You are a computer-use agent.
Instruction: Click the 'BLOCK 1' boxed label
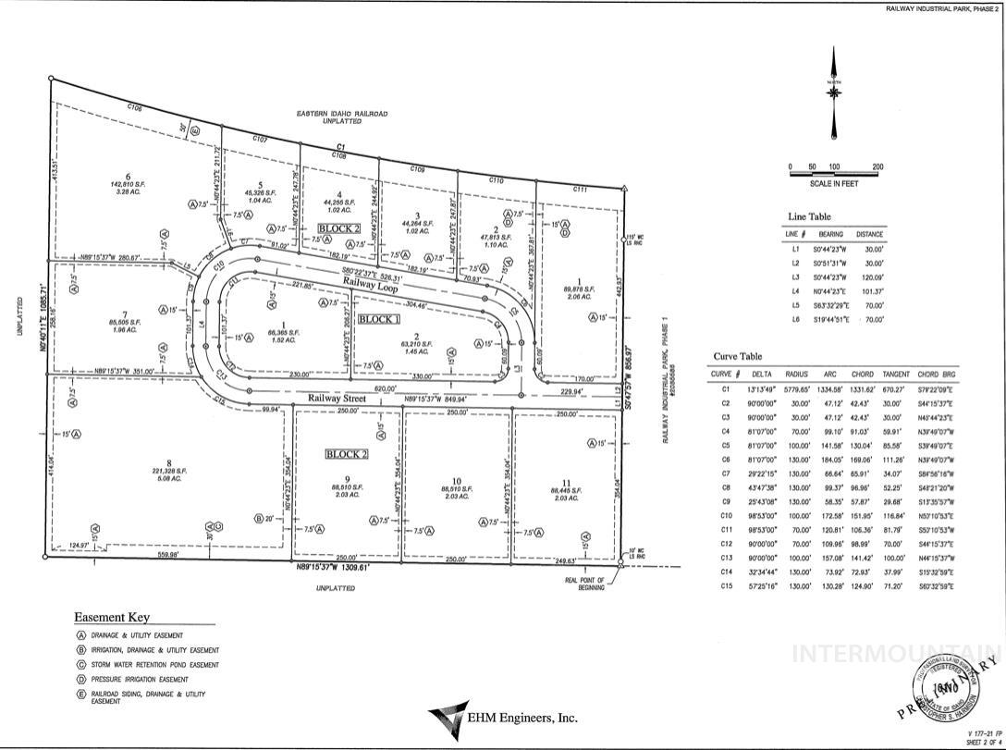tap(379, 319)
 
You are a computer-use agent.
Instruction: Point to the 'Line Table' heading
tap(808, 216)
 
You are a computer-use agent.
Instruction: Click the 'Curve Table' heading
tap(738, 356)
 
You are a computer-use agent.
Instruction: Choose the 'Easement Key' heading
tap(112, 618)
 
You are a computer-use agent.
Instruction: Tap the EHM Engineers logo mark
tap(448, 717)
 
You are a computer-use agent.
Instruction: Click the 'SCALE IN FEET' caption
tap(833, 184)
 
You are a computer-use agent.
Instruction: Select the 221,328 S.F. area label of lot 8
tap(168, 471)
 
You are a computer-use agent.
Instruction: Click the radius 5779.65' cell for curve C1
tap(796, 390)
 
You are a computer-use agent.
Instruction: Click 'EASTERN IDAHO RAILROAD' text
tap(342, 114)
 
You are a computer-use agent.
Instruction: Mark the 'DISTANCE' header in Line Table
tap(869, 234)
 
